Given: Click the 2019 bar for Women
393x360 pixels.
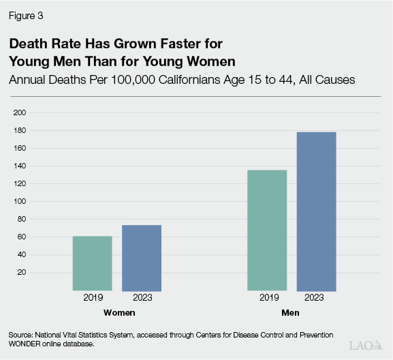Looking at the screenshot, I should tap(93, 263).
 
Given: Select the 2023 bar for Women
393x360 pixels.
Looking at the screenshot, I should tap(142, 258).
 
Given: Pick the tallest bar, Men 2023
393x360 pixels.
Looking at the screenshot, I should tap(316, 211).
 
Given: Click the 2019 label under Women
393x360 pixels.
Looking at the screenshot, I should tap(93, 298).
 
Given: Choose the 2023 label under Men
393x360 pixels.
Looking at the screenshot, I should tap(316, 298).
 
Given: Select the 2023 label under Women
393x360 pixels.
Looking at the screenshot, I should tap(142, 298).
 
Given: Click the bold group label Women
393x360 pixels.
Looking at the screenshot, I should tap(118, 312).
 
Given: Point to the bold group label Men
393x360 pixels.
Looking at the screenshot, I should tap(292, 312).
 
